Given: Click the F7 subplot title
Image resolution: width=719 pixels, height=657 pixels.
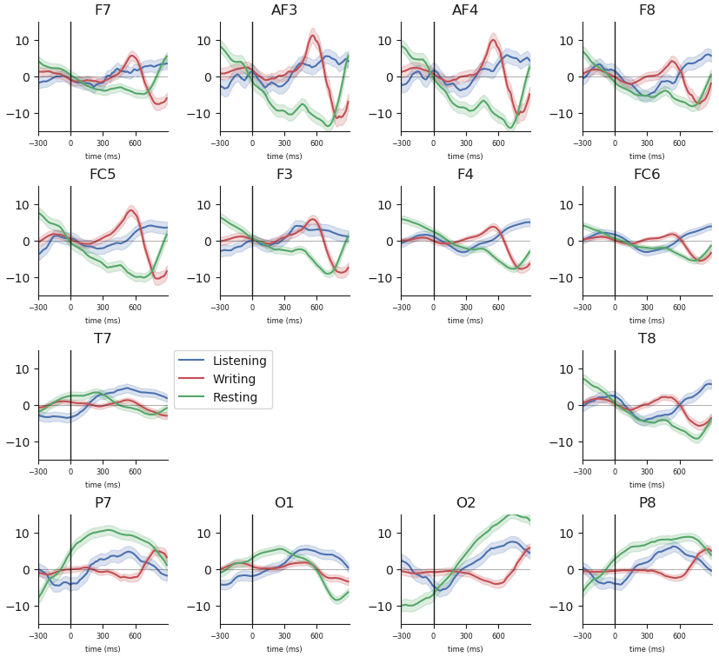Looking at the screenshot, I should coord(103,10).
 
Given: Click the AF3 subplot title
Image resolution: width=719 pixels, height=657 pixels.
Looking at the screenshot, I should coord(284,10).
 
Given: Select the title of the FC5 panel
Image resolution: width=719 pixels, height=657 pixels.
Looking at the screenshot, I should coord(103,175).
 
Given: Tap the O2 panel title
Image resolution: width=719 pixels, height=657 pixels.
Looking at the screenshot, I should coord(465,503).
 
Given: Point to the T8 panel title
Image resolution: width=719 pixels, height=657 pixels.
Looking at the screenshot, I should coord(647,339).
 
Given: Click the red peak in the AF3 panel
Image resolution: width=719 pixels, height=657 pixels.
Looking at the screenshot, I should coord(313,36).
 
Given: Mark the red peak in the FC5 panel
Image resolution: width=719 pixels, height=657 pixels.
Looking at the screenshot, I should coord(131,209).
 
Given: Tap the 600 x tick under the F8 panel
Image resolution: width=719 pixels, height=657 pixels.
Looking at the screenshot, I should coord(679,143).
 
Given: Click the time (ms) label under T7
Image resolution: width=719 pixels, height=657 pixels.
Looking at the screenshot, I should coord(103,484).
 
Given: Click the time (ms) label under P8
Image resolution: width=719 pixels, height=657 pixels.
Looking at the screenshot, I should coord(647,648).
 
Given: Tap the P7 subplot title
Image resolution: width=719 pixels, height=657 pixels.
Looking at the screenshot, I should coord(103,503).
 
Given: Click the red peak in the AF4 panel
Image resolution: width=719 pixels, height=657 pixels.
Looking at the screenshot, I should coord(493,39).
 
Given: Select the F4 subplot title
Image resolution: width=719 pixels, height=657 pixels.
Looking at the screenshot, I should coord(465,175).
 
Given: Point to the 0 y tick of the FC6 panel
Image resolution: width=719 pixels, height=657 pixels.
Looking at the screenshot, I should coord(572,242).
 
